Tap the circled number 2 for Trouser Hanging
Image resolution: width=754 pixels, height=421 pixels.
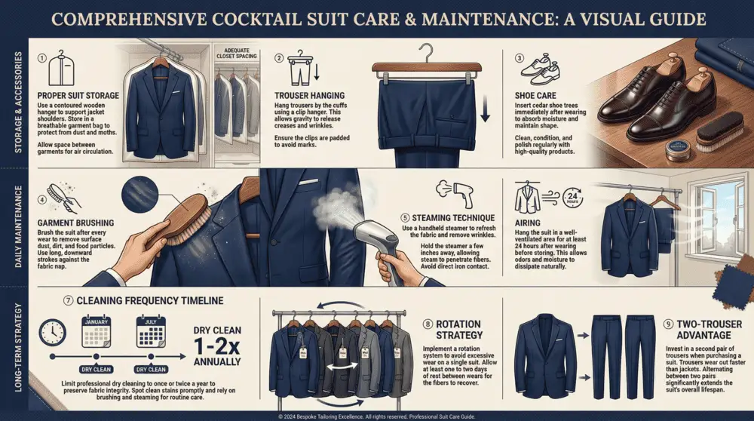[x=279, y=57]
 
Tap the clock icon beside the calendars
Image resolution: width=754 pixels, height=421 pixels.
[x=52, y=332]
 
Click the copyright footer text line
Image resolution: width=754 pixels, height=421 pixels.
[x=377, y=416]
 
